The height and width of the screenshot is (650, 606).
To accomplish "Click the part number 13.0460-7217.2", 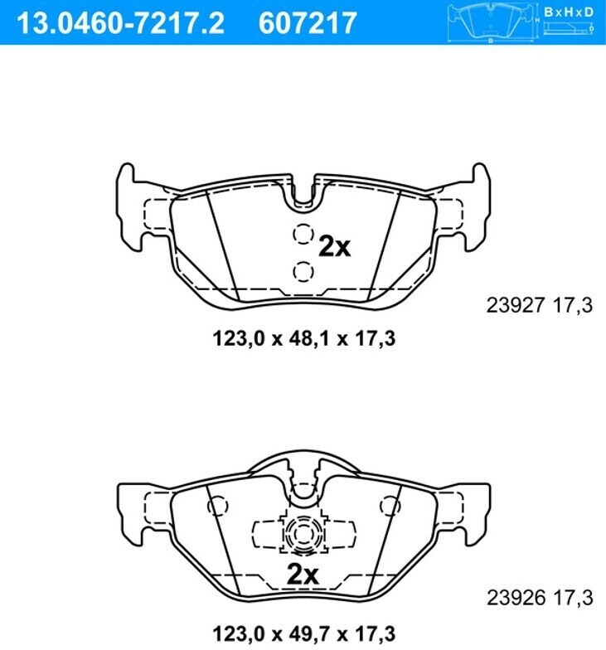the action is click(x=121, y=23).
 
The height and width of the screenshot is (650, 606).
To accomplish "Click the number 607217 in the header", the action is click(x=308, y=23).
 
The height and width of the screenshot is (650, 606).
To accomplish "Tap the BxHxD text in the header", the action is click(x=569, y=12).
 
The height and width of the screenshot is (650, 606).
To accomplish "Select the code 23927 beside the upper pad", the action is click(x=515, y=305).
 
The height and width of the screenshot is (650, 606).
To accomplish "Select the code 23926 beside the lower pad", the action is click(x=516, y=597).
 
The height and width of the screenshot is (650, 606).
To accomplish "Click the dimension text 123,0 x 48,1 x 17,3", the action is click(x=303, y=338).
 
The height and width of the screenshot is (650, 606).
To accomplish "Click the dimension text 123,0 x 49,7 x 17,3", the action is click(x=303, y=633).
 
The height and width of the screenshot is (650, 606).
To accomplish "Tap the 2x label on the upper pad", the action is click(x=334, y=247).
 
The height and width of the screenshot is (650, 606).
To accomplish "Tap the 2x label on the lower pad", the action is click(x=303, y=575).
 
